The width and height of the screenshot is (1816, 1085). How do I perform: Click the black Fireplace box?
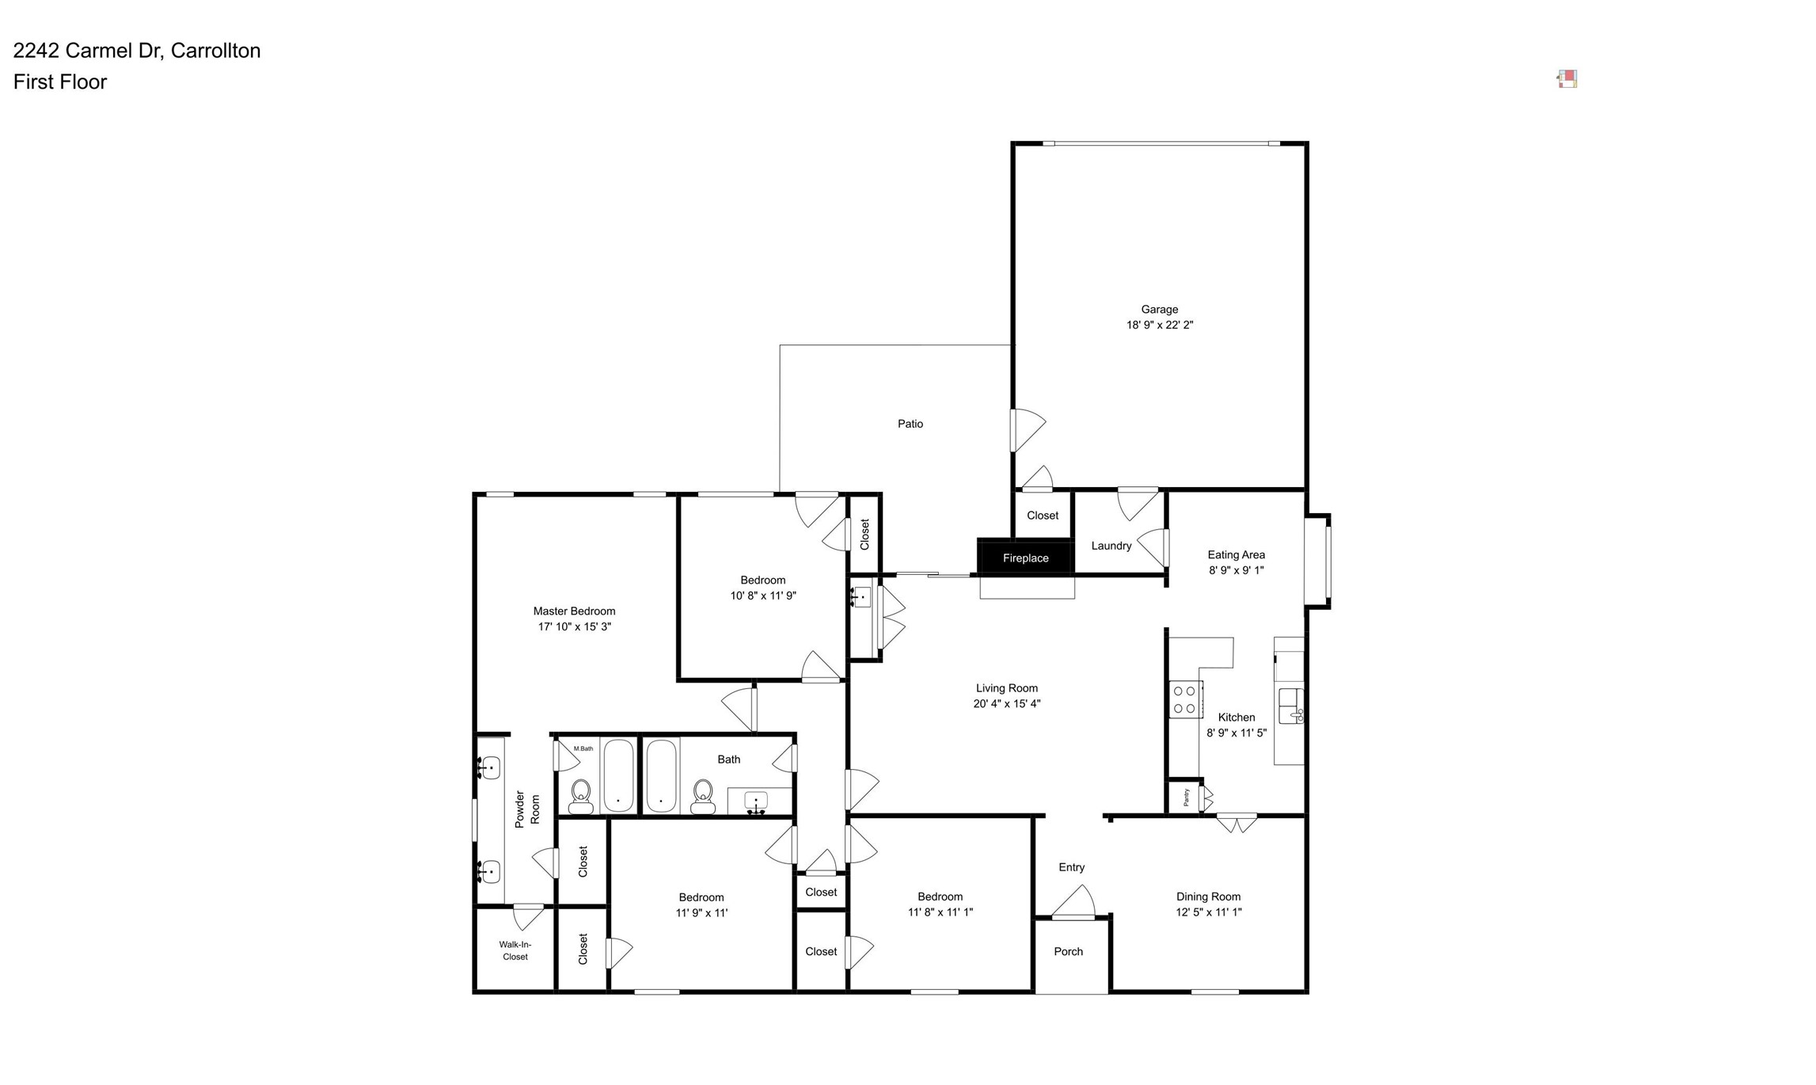coord(1025,558)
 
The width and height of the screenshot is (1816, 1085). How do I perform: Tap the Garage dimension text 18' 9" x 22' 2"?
coord(1159,325)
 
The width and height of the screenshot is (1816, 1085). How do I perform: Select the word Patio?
coord(910,424)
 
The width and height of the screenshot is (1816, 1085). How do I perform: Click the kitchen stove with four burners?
coord(1185,700)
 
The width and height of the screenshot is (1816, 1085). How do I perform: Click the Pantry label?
coord(1186,797)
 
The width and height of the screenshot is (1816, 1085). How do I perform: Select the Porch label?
coord(1068,951)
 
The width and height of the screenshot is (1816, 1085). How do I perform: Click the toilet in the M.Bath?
coord(581,794)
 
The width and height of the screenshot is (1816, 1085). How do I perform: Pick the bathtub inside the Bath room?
coord(661,775)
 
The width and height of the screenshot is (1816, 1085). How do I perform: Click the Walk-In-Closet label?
coord(515,950)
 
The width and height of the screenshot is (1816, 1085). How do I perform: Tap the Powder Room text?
coord(527,809)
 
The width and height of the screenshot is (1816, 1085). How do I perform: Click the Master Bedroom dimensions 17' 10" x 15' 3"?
coord(574,626)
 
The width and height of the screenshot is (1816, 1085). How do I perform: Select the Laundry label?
coord(1111,546)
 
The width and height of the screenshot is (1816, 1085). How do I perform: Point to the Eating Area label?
coord(1236,554)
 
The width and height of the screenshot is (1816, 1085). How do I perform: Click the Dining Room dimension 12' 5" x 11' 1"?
coord(1208,912)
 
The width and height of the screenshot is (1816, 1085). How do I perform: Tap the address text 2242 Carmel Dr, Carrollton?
coord(137,51)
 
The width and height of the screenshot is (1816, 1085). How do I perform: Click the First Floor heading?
coord(60,82)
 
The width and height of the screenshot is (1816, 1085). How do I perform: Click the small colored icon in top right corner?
coord(1567,78)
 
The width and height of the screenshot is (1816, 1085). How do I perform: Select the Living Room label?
coord(1006,688)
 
